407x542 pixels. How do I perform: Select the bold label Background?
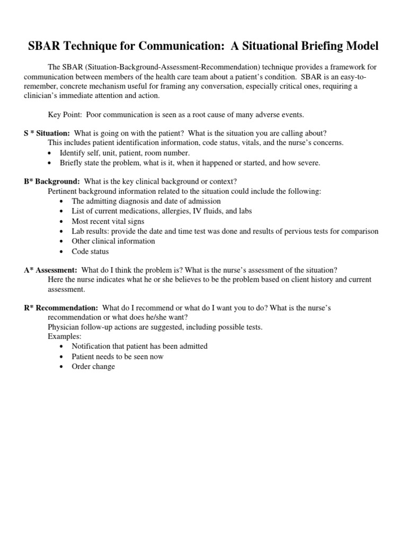(x=58, y=182)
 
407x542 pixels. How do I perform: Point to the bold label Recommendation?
(x=67, y=308)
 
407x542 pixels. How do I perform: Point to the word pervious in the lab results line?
(x=307, y=231)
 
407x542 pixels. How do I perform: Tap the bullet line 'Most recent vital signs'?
(x=108, y=221)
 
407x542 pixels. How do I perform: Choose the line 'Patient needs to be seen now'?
(x=118, y=356)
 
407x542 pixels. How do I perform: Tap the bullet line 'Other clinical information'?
(x=113, y=241)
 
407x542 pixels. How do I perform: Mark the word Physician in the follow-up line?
(x=64, y=327)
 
